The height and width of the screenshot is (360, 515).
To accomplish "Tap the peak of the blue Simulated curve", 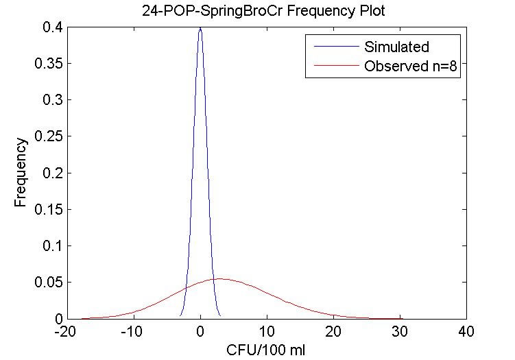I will [200, 28].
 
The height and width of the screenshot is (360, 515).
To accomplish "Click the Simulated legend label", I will [396, 47].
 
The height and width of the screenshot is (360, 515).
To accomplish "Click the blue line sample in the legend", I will [334, 47].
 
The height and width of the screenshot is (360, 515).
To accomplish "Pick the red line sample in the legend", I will [334, 67].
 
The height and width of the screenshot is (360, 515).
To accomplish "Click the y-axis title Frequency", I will [22, 173].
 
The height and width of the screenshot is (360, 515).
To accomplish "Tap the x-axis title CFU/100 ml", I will [266, 350].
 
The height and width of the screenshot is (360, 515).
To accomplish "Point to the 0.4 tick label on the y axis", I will [50, 27].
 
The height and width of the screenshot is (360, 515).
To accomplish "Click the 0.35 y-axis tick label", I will [46, 64].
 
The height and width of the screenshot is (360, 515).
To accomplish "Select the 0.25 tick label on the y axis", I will [46, 136].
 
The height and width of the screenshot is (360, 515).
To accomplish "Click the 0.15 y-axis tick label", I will [46, 209].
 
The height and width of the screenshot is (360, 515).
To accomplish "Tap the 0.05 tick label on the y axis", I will [46, 282].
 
